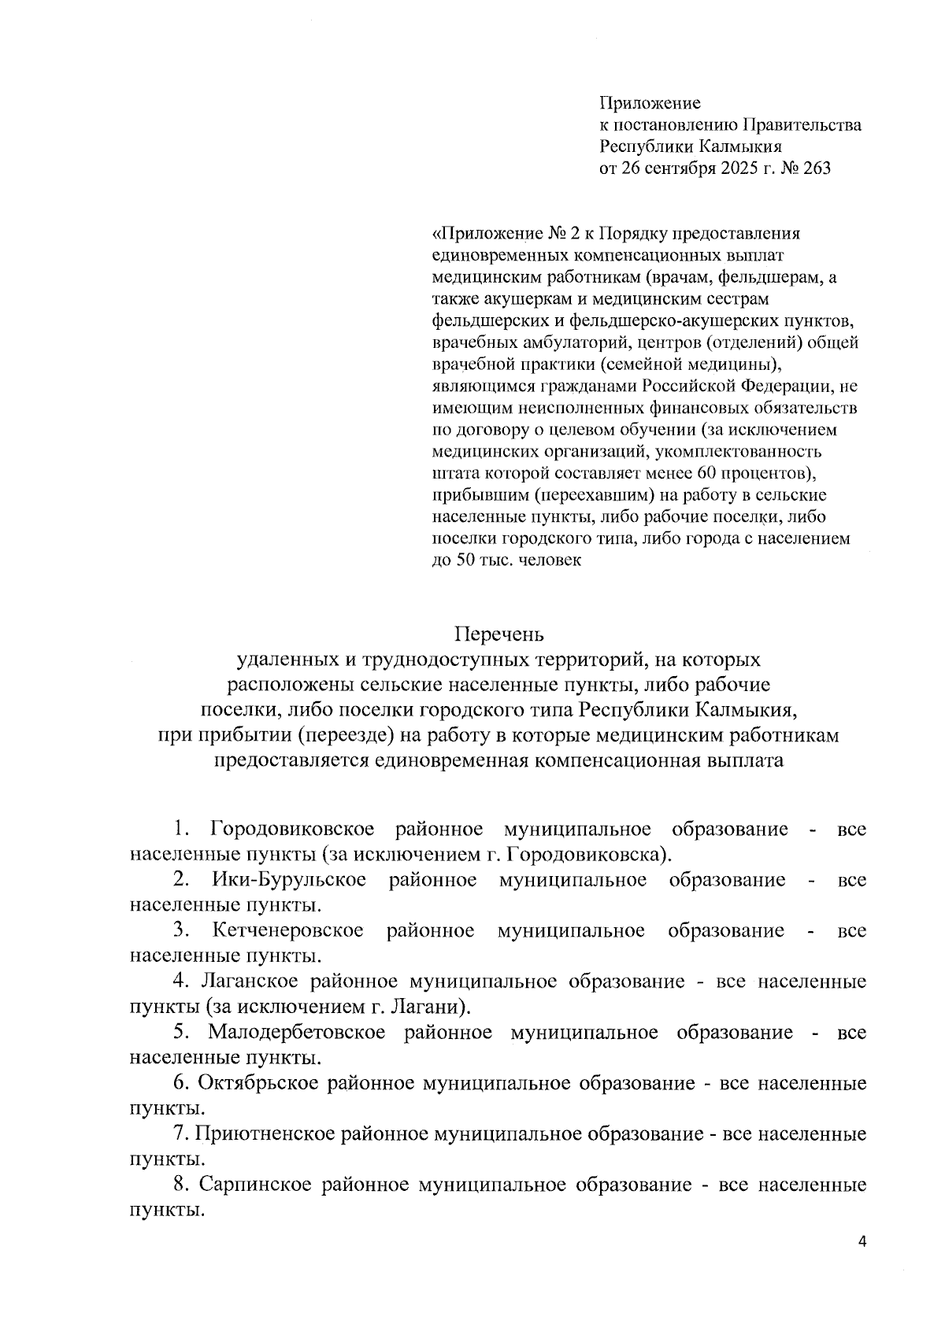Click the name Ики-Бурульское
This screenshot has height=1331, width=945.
(289, 880)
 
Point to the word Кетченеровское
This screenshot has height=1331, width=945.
(288, 930)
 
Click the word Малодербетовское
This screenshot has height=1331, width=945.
(297, 1032)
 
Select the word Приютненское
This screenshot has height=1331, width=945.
(265, 1134)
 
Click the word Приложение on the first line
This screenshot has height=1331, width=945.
(650, 103)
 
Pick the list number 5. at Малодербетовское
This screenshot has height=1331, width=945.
(181, 1032)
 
